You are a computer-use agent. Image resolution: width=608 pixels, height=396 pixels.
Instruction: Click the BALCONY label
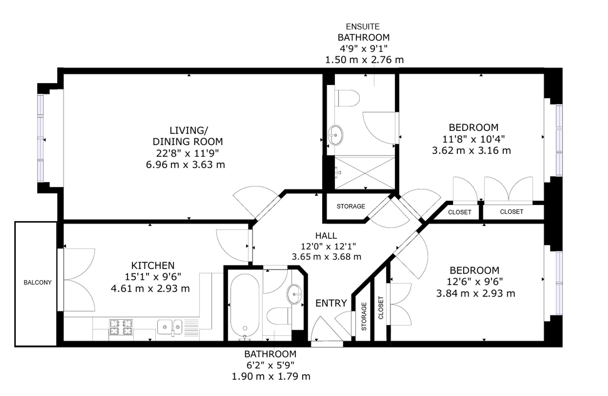38,282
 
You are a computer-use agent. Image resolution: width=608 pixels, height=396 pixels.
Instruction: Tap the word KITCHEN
153,265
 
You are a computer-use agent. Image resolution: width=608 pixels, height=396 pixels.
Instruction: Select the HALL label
326,236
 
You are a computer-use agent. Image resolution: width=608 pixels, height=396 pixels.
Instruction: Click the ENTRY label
331,303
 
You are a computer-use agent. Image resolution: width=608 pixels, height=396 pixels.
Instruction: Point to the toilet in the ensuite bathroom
347,98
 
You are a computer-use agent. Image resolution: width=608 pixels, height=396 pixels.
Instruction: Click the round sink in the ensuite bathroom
335,135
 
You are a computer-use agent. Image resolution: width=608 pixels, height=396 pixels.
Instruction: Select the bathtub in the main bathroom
245,307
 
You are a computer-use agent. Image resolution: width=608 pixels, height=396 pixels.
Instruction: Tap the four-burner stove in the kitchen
121,327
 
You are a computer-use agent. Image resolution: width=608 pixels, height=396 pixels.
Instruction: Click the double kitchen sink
170,327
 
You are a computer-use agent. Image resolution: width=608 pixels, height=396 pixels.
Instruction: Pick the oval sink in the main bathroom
294,294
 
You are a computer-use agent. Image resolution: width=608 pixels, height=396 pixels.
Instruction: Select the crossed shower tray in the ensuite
365,173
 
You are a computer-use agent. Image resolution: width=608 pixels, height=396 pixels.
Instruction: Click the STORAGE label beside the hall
351,206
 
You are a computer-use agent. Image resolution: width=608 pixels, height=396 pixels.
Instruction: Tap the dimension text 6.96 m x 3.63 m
185,165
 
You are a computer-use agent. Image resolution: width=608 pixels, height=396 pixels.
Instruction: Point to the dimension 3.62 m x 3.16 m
471,150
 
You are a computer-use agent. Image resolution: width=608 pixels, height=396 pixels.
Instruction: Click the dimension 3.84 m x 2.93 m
476,294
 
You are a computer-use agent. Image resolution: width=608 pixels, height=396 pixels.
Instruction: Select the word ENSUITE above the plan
363,27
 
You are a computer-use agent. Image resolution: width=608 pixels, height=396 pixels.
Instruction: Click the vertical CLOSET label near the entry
381,308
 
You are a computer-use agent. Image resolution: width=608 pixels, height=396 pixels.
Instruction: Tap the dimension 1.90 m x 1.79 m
271,377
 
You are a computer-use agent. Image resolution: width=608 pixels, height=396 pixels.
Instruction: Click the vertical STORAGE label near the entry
364,316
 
